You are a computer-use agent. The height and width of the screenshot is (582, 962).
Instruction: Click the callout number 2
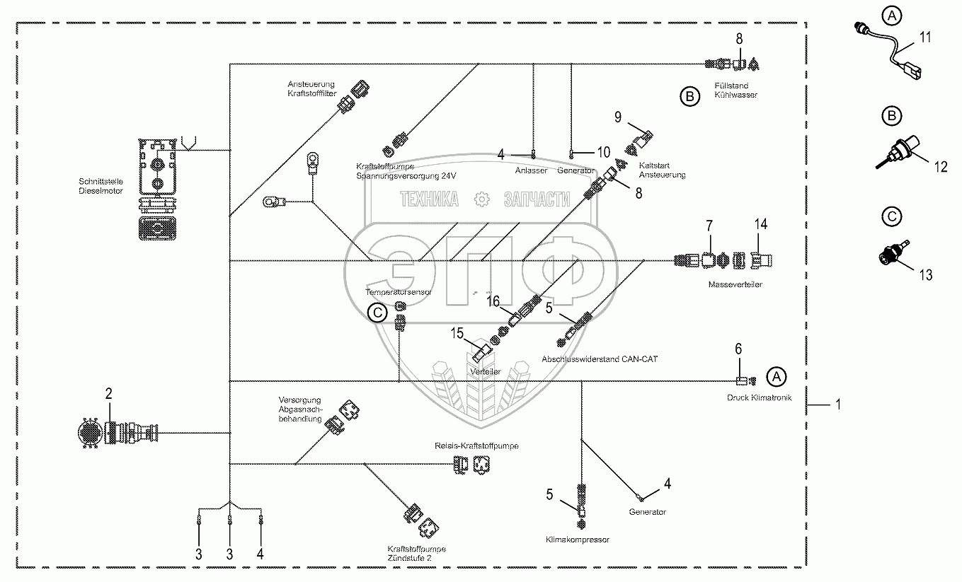click(x=109, y=394)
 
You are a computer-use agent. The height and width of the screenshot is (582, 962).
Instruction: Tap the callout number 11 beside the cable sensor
click(x=926, y=37)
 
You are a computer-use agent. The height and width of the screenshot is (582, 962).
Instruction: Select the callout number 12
click(x=940, y=167)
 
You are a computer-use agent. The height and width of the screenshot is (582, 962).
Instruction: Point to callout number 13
click(x=926, y=275)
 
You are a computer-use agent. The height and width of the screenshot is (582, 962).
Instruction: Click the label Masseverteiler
click(x=734, y=285)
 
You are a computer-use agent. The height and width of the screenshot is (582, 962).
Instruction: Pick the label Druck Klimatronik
click(x=759, y=397)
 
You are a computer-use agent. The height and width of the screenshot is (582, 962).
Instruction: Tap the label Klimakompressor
click(x=577, y=540)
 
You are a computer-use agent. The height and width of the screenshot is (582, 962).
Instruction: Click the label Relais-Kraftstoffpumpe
click(x=476, y=446)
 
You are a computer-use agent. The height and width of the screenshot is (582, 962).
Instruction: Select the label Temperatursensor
click(x=399, y=291)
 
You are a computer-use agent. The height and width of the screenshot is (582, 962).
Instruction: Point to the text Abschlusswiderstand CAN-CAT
click(x=600, y=359)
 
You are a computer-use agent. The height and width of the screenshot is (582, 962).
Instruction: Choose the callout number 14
click(x=760, y=224)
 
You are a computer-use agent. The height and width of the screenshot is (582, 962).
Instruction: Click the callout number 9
click(x=617, y=115)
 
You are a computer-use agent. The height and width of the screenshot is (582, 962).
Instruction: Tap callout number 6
click(x=738, y=348)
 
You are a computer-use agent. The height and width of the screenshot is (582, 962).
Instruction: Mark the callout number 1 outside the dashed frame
click(x=837, y=405)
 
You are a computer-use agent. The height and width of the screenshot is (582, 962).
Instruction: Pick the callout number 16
click(x=493, y=302)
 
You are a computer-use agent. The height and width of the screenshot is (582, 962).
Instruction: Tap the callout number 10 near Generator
click(x=603, y=152)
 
